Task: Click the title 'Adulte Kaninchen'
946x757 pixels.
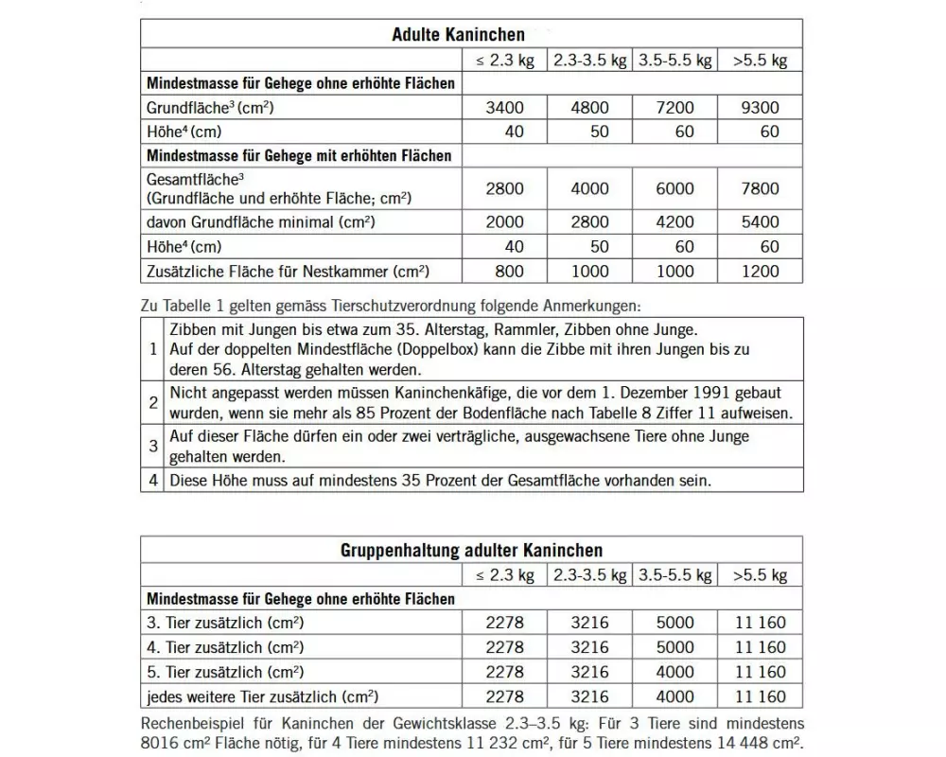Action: [458, 35]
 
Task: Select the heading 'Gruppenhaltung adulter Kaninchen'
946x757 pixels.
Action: [471, 550]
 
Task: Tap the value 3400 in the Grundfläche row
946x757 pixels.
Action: [503, 108]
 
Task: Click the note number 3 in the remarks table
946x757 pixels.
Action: [153, 446]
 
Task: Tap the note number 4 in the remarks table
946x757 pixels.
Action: [153, 480]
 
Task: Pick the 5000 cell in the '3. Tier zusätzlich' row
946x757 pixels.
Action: [674, 623]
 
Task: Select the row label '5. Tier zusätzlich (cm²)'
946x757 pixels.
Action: [224, 672]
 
